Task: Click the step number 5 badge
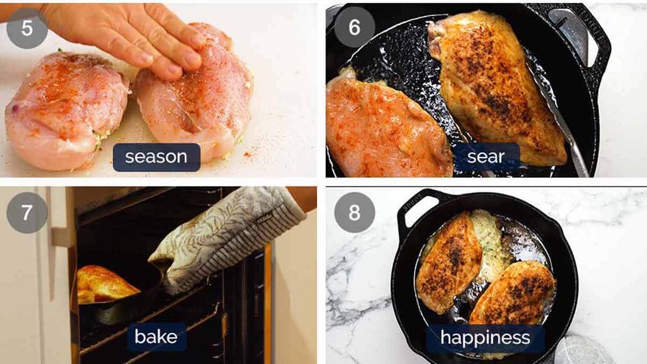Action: pyautogui.click(x=27, y=28)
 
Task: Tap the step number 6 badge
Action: pyautogui.click(x=354, y=27)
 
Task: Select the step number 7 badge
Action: pyautogui.click(x=27, y=212)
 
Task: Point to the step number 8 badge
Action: pyautogui.click(x=354, y=212)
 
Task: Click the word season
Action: pyautogui.click(x=157, y=157)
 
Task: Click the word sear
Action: pyautogui.click(x=486, y=156)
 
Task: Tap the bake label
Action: pyautogui.click(x=156, y=337)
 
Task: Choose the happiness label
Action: pyautogui.click(x=485, y=337)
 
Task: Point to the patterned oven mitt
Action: pyautogui.click(x=223, y=240)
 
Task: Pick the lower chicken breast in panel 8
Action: pyautogui.click(x=514, y=293)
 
